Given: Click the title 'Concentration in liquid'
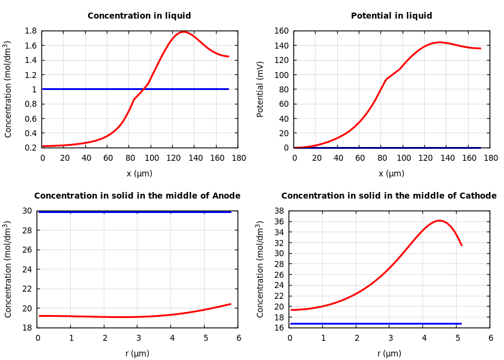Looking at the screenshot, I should [139, 16].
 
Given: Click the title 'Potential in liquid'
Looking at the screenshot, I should [391, 16].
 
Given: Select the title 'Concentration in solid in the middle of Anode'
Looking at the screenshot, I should [137, 196].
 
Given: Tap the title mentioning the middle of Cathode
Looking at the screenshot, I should [389, 196].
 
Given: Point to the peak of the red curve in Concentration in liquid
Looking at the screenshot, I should [184, 32].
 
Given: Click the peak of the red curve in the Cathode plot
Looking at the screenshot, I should [439, 221].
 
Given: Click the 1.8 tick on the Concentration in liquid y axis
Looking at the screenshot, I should [30, 31].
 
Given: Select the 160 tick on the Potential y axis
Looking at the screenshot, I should [281, 31].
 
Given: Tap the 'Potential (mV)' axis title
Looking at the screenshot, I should [260, 89].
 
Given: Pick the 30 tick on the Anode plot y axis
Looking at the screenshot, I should [28, 211].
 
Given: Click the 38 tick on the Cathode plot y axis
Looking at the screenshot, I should [279, 211].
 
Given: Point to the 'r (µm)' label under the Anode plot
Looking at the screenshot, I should [137, 353].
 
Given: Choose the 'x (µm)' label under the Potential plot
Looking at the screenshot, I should [391, 173].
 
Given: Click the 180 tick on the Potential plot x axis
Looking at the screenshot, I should [491, 158].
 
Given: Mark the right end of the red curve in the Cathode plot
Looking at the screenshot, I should [461, 245].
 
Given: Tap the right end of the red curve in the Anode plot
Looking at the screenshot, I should [231, 304].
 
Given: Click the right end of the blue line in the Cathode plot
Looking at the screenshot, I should [461, 323].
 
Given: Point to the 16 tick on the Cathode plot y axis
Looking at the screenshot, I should [279, 328].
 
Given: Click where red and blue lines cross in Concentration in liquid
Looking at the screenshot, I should [145, 89].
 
